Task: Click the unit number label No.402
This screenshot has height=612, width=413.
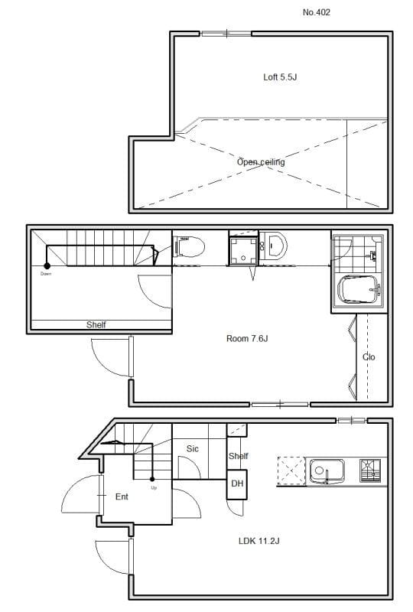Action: click(317, 12)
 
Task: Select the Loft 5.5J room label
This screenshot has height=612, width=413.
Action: click(281, 77)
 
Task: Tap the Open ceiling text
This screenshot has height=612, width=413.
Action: click(261, 162)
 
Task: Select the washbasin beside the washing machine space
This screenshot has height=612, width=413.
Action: click(276, 246)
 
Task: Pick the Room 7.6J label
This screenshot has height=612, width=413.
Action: click(247, 339)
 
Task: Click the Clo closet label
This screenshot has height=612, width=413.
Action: click(369, 357)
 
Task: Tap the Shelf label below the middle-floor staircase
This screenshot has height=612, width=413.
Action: click(96, 325)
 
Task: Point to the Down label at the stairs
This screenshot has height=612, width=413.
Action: click(47, 273)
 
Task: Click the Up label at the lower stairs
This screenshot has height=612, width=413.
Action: click(154, 487)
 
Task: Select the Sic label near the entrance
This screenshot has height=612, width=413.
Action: click(193, 449)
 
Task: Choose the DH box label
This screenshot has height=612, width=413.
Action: click(237, 483)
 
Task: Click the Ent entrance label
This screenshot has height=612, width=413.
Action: click(122, 496)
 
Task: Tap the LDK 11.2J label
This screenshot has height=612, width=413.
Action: click(259, 541)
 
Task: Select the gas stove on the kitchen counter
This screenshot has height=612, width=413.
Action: click(370, 469)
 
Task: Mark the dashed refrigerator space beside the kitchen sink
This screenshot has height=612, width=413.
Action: click(290, 469)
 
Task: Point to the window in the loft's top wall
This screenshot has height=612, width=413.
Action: click(226, 33)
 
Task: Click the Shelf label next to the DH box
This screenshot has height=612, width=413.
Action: click(239, 457)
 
